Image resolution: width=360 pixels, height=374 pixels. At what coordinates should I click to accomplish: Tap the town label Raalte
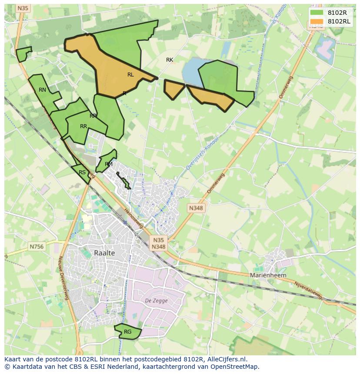tap(104, 253)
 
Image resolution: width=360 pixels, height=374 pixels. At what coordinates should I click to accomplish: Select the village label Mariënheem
tap(268, 275)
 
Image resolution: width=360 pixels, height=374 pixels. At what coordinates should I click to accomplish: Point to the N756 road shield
tap(37, 246)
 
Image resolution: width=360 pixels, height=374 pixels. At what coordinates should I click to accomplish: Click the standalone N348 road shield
tap(196, 208)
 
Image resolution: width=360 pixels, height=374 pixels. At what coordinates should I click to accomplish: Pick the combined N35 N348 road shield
tap(158, 243)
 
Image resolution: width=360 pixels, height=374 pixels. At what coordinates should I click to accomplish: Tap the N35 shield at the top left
tap(23, 8)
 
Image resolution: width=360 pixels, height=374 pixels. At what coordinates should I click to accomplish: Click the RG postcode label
tap(127, 332)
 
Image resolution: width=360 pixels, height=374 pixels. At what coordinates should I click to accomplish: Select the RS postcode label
tap(82, 172)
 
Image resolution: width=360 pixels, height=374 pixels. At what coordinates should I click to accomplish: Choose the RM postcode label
tap(109, 164)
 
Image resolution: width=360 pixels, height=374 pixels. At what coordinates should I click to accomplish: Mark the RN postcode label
tap(42, 90)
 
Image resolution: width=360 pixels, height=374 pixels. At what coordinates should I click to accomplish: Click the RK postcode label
tap(170, 60)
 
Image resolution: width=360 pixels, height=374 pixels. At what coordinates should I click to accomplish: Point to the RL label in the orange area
tap(130, 75)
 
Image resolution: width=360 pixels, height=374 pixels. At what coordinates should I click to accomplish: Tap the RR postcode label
tap(83, 126)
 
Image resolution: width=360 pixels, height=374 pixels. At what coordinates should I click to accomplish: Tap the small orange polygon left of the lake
tap(174, 89)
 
